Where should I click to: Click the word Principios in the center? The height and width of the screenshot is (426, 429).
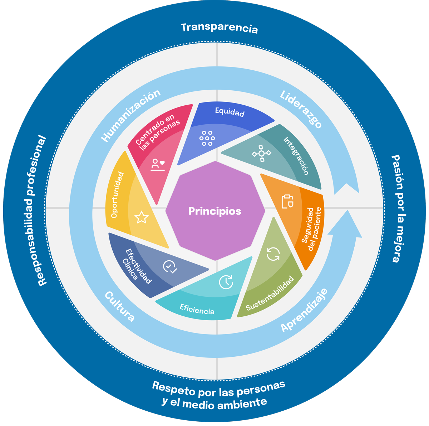(215, 211)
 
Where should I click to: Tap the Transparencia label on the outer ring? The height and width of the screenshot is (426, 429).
(219, 28)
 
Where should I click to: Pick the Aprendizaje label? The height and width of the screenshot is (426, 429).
(304, 310)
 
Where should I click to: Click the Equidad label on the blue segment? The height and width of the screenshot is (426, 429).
(230, 112)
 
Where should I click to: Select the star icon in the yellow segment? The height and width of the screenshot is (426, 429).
(141, 217)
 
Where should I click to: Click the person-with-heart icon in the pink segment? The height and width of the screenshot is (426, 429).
(158, 165)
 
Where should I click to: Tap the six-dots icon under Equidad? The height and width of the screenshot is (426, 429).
(207, 138)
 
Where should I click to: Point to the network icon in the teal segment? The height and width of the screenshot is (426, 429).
(262, 154)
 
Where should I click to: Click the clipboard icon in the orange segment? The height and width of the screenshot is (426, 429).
(287, 201)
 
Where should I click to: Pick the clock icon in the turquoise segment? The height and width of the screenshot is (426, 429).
(226, 282)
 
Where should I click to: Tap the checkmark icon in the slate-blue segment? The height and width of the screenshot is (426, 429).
(170, 267)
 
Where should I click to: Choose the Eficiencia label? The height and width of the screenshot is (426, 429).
(197, 309)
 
